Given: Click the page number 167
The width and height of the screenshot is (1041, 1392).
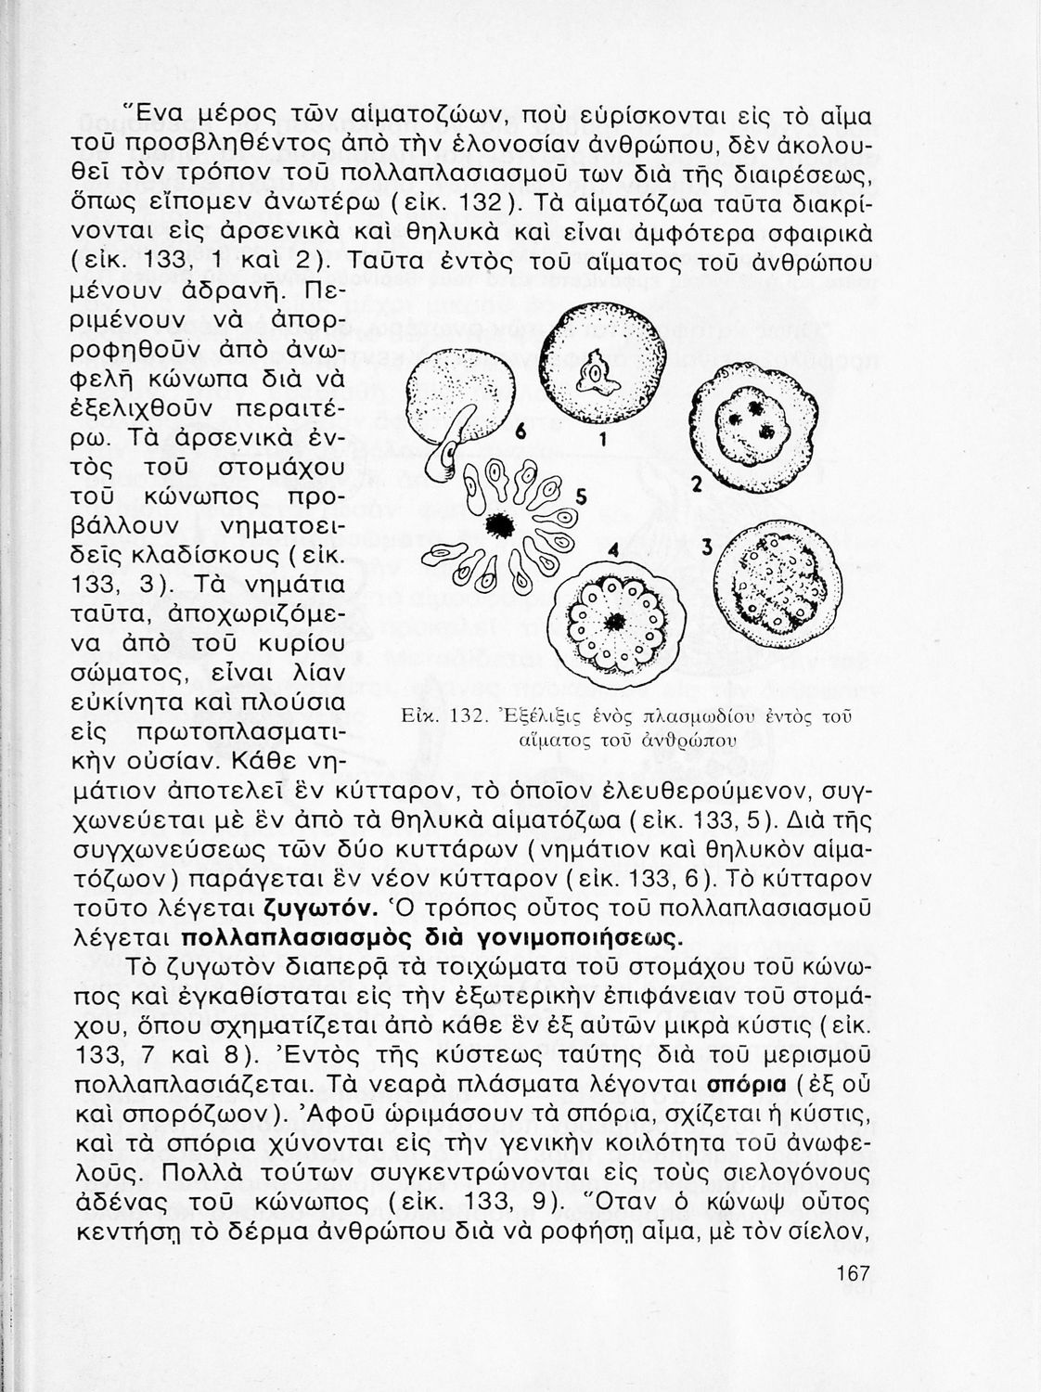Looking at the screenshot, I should [x=852, y=1274].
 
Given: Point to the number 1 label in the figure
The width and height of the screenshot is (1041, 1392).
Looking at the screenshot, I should [x=602, y=442].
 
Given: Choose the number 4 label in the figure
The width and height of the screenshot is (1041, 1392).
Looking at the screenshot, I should [x=612, y=548].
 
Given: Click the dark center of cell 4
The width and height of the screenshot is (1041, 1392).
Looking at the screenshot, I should [x=614, y=621].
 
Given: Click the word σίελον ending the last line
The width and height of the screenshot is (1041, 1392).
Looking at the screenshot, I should [x=826, y=1231].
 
